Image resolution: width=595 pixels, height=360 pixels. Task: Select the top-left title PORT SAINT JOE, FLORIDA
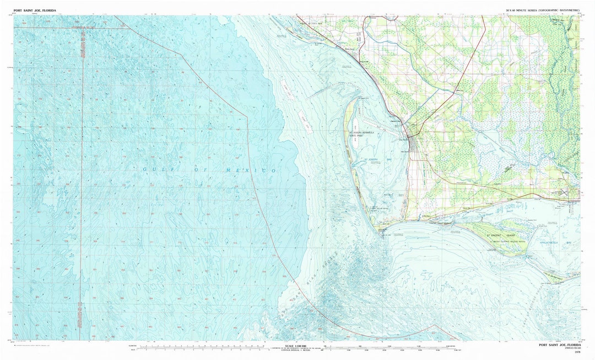pyautogui.click(x=35, y=10)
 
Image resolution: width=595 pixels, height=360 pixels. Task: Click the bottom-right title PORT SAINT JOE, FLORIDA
pyautogui.click(x=559, y=345)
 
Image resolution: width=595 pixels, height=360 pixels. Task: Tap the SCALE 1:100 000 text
pyautogui.click(x=297, y=346)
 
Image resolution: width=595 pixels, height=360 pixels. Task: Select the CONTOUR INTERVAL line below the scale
pyautogui.click(x=297, y=351)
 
